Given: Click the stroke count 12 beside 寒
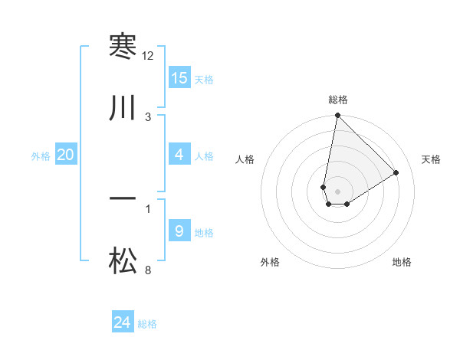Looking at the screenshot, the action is [148, 56].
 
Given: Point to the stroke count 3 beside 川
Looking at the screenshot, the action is [148, 116].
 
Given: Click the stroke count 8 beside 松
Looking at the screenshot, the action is [148, 270].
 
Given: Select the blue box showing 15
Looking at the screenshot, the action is [179, 78].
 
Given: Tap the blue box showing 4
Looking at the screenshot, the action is [179, 155].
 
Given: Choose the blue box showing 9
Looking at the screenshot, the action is [179, 231].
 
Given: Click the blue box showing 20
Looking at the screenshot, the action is [66, 155].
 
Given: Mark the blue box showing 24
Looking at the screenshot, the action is [123, 322].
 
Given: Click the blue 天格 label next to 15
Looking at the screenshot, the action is [203, 79].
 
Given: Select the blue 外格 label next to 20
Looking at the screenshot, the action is [41, 155].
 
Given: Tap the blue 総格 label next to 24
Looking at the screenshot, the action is [147, 323].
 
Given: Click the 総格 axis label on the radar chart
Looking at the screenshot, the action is [338, 100].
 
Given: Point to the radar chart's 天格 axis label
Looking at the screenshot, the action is [431, 159].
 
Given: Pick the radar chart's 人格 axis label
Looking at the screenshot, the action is [245, 159].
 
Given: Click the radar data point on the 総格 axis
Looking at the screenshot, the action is [337, 116].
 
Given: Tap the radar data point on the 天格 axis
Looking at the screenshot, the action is [396, 172].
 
